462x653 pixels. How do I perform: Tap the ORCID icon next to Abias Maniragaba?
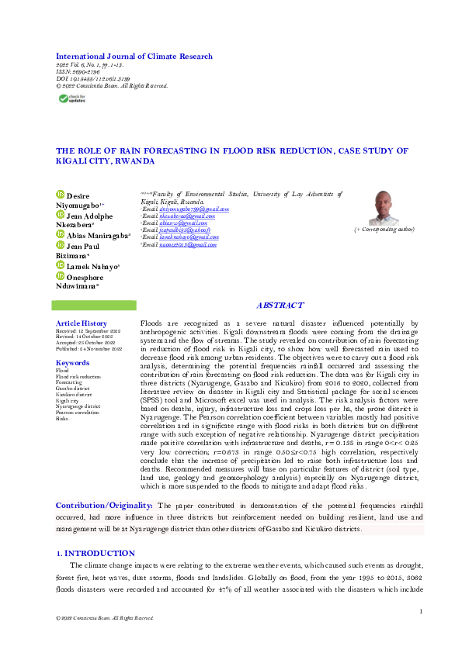pos(61,235)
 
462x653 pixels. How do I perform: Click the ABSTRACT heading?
pos(280,306)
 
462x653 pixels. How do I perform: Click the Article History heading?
pos(82,323)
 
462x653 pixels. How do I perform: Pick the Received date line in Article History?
pos(89,330)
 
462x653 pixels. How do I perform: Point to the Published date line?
pos(89,349)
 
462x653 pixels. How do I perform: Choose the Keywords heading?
pos(72,363)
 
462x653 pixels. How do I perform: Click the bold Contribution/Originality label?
pos(104,506)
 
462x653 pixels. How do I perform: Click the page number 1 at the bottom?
pos(420,612)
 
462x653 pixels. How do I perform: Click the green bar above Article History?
pos(96,306)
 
